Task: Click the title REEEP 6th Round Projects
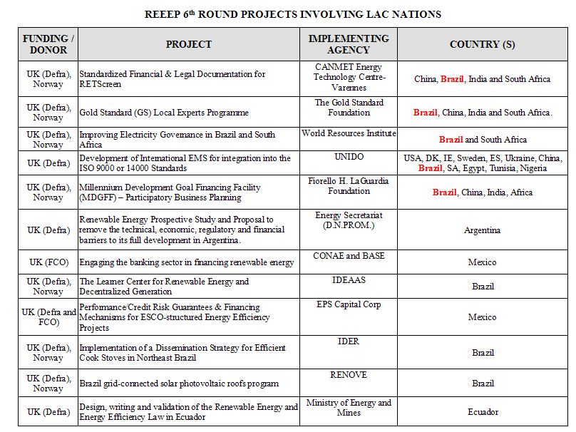click(292, 14)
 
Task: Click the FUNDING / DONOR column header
click(48, 44)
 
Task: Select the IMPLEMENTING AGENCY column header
click(349, 44)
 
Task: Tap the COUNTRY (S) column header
click(482, 44)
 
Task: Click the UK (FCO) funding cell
click(48, 262)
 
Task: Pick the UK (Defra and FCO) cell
click(48, 317)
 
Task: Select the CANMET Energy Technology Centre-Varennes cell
click(349, 77)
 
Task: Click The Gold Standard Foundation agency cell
click(349, 108)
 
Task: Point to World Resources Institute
click(349, 133)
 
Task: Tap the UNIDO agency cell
click(349, 157)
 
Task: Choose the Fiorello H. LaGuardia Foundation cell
click(349, 186)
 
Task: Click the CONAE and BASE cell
click(349, 256)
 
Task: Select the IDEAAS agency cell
click(349, 280)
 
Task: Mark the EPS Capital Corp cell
click(349, 304)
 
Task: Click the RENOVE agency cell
click(349, 374)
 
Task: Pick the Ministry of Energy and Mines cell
click(349, 407)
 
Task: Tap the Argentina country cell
click(482, 230)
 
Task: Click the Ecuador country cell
click(482, 412)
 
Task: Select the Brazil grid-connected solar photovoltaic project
click(178, 384)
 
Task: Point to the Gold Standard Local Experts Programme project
click(164, 113)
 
